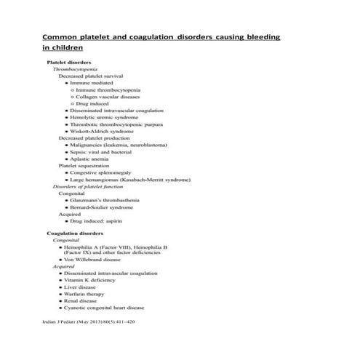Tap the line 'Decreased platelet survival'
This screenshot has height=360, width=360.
tap(90, 76)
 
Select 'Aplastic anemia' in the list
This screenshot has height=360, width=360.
tap(89, 159)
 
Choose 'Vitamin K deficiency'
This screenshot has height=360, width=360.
tap(92, 280)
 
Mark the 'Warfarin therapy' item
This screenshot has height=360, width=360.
tap(88, 294)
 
